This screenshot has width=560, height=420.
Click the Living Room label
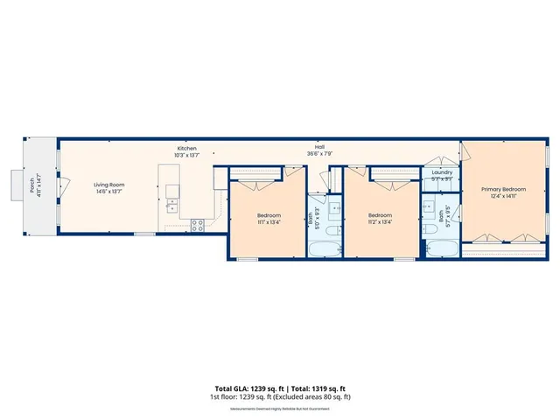coord(109,185)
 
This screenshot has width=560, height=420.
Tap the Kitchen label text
coord(187,148)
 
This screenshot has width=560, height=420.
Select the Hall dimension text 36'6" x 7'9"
coord(319,154)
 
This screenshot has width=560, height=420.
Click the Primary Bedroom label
coord(503,189)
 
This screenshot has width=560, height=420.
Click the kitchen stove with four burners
coord(198,224)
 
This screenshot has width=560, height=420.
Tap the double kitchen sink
coord(171,206)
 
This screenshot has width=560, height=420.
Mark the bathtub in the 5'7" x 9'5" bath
coord(441,248)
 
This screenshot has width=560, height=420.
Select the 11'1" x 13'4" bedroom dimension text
coord(268,222)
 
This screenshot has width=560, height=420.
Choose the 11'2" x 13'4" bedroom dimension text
coord(380,222)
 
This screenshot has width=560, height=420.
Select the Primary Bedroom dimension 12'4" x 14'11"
coord(503,197)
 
